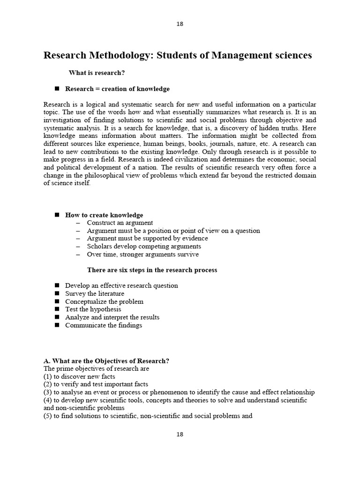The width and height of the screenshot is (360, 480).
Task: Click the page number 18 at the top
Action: click(180, 24)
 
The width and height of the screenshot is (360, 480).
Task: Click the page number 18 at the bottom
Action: click(180, 434)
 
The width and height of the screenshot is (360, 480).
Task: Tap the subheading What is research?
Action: click(97, 73)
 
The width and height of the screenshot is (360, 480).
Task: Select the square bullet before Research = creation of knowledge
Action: click(57, 89)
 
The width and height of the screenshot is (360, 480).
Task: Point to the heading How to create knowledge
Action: click(104, 215)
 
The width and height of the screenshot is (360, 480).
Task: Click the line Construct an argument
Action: click(120, 223)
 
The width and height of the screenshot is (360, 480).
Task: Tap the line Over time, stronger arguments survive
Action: click(143, 254)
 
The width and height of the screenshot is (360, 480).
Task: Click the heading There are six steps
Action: click(152, 270)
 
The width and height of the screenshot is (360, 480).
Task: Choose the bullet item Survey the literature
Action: click(95, 293)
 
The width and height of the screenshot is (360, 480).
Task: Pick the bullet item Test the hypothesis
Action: click(93, 309)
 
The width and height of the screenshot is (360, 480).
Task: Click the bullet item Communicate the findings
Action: click(104, 325)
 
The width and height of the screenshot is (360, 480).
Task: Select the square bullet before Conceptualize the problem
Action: click(57, 301)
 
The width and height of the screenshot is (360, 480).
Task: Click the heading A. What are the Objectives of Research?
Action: click(106, 360)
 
